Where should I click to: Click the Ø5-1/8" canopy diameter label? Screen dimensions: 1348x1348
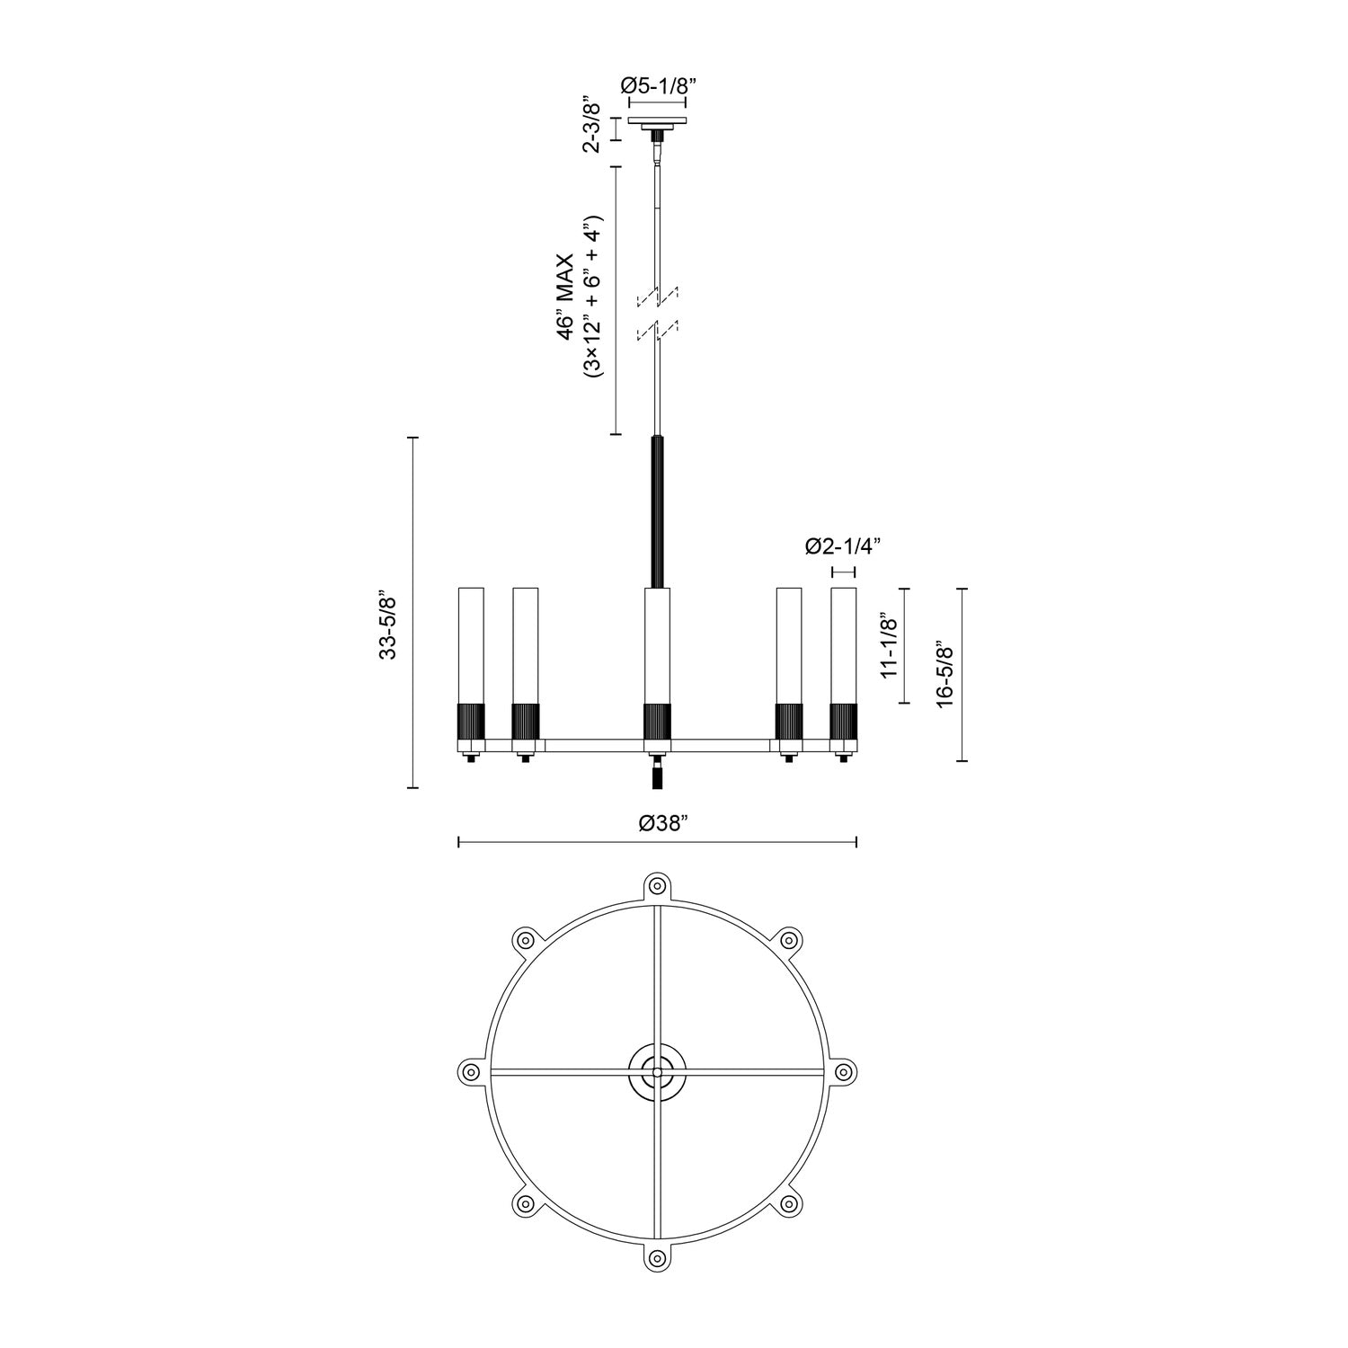click(659, 85)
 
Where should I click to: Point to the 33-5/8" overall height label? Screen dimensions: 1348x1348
click(388, 625)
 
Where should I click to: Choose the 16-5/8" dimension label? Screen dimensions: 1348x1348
click(943, 674)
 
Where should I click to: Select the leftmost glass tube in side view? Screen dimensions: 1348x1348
click(471, 643)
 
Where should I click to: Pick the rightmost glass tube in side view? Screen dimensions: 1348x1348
click(843, 643)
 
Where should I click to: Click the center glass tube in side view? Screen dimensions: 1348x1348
click(658, 643)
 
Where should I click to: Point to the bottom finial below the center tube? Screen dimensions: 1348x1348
click(658, 775)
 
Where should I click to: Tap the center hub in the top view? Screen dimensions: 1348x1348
click(658, 1071)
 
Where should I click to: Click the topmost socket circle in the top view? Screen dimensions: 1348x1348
click(658, 882)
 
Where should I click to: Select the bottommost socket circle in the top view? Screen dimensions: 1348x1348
click(658, 1259)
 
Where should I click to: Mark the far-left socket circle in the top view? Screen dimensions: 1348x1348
click(468, 1071)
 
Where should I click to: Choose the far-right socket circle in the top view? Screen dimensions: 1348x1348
click(843, 1071)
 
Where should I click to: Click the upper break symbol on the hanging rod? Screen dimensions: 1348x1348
click(658, 296)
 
